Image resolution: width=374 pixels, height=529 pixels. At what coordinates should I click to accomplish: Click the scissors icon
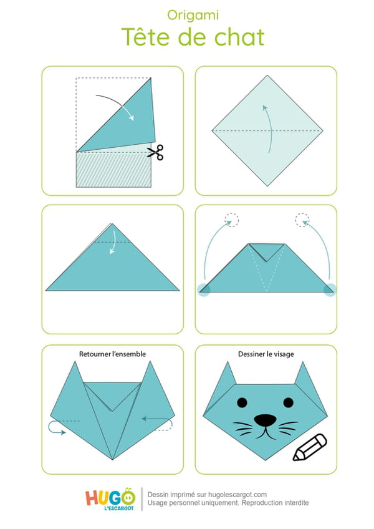click(x=155, y=152)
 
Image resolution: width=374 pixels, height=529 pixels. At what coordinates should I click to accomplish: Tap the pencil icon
click(x=310, y=447)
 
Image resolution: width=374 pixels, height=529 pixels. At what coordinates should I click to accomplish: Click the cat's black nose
click(x=265, y=420)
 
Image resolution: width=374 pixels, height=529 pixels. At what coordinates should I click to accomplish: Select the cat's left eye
click(x=242, y=402)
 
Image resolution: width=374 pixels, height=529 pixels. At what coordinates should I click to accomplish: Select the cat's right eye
click(x=289, y=402)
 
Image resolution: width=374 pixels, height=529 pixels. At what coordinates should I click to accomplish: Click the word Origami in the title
click(x=193, y=16)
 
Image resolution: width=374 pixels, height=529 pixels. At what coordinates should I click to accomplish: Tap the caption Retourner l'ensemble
click(x=112, y=354)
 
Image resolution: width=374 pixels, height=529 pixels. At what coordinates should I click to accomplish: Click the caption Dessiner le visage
click(x=266, y=354)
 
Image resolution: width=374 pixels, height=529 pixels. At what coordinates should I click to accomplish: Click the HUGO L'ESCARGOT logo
click(x=110, y=499)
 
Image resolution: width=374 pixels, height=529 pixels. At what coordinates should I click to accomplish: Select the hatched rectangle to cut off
click(x=113, y=169)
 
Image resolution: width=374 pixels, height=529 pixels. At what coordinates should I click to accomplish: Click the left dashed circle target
click(x=232, y=220)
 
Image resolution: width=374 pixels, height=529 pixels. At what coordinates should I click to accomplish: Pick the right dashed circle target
click(x=302, y=220)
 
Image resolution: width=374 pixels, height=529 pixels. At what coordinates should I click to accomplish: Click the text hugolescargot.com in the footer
click(x=237, y=495)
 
